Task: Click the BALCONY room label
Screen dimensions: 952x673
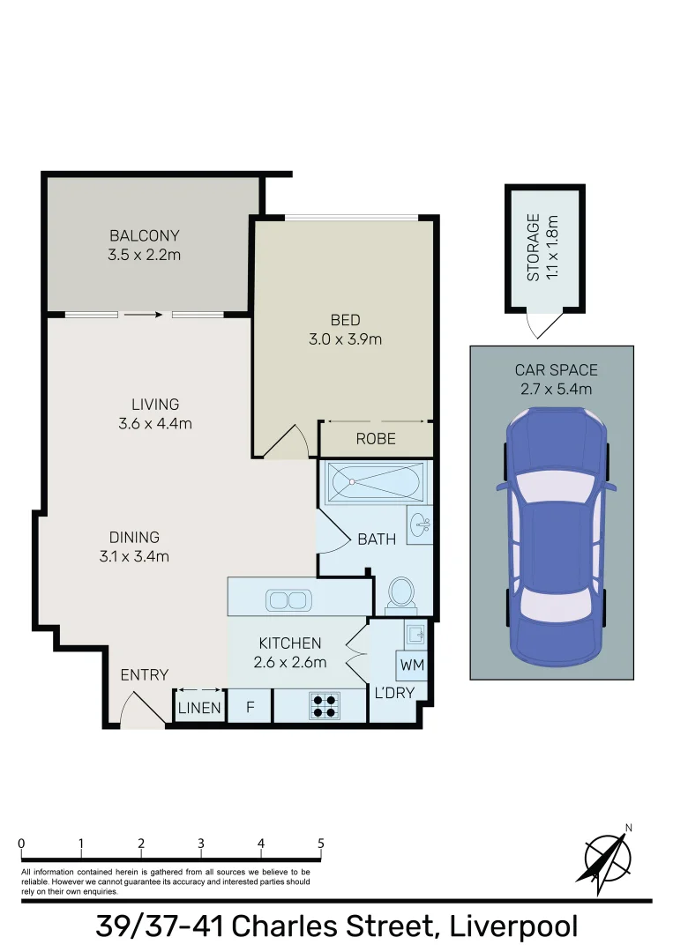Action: click(144, 236)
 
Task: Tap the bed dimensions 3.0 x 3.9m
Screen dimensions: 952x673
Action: click(345, 339)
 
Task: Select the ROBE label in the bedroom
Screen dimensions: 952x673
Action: click(376, 439)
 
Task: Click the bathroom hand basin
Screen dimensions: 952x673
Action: click(420, 525)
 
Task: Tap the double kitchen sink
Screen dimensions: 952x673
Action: click(287, 601)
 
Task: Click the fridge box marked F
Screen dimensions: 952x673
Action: click(250, 708)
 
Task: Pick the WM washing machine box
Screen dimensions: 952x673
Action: click(411, 665)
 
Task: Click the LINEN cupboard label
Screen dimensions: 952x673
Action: click(199, 708)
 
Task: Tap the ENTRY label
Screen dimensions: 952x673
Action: click(145, 675)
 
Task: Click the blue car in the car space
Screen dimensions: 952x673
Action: click(551, 538)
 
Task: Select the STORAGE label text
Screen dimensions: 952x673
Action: click(533, 248)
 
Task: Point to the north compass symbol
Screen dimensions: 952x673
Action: click(608, 856)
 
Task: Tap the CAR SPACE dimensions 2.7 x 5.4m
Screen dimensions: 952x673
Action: click(551, 389)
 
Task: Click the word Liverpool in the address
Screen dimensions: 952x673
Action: click(513, 926)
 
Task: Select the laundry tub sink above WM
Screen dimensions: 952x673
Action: click(415, 633)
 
